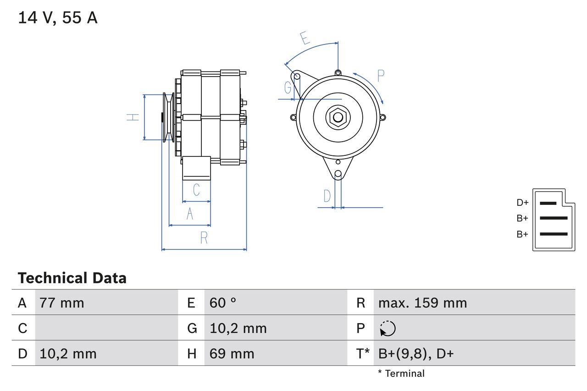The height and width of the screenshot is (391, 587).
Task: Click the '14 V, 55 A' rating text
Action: click(57, 18)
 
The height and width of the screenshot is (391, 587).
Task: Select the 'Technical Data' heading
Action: click(72, 278)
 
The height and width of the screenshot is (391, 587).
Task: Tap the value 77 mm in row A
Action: click(61, 303)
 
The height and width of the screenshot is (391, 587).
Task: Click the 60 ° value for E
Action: click(223, 303)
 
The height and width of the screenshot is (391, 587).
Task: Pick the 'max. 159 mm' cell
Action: click(422, 303)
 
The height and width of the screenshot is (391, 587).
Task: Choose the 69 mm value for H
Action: click(232, 354)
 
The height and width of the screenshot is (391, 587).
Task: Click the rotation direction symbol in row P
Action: click(388, 328)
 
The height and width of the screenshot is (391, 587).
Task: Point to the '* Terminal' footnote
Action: click(401, 374)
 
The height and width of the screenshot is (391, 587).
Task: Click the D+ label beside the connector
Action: click(522, 203)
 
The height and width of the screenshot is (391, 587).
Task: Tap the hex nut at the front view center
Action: click(338, 117)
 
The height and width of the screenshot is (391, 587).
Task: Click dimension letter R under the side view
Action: click(204, 238)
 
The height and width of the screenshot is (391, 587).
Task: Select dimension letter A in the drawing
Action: click(190, 214)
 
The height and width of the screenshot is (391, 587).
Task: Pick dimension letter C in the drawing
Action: click(196, 190)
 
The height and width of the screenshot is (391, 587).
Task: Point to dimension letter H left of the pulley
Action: click(133, 117)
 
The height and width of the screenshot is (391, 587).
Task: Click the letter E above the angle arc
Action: click(305, 38)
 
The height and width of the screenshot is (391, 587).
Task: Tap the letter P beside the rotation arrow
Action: click(381, 76)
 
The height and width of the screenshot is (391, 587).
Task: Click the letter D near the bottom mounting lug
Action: click(327, 196)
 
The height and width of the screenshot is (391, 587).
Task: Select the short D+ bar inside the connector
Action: click(548, 203)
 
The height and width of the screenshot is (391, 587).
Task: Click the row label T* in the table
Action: click(363, 354)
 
